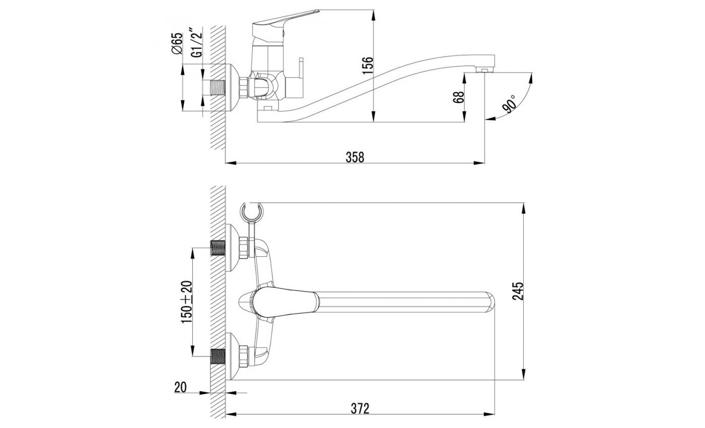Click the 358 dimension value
tap(355, 157)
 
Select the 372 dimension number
tap(360, 408)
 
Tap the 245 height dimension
tap(518, 291)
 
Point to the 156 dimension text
tap(367, 65)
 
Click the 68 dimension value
tap(459, 97)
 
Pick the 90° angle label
tap(510, 104)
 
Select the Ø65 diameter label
tap(177, 43)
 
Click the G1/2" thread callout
tap(197, 42)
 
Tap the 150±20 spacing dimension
tap(187, 302)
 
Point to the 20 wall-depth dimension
tap(181, 387)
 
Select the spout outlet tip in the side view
tap(484, 69)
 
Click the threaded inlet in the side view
tap(218, 88)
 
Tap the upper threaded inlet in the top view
tap(218, 248)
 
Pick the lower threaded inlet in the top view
tap(218, 356)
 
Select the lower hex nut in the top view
tap(244, 356)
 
